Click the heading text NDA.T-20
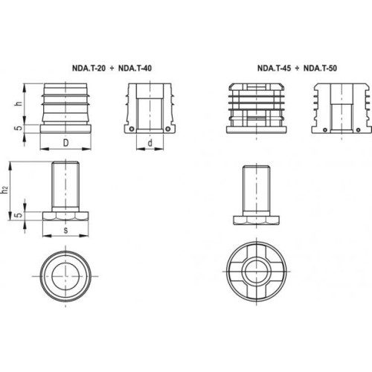click(x=89, y=68)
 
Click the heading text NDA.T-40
click(x=135, y=68)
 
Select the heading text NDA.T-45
click(x=274, y=68)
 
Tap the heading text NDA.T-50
click(x=320, y=68)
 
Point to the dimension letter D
click(x=65, y=143)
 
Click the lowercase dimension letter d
click(x=150, y=143)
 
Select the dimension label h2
click(x=5, y=190)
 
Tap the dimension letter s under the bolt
click(x=65, y=231)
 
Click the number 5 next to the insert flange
click(x=19, y=129)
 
